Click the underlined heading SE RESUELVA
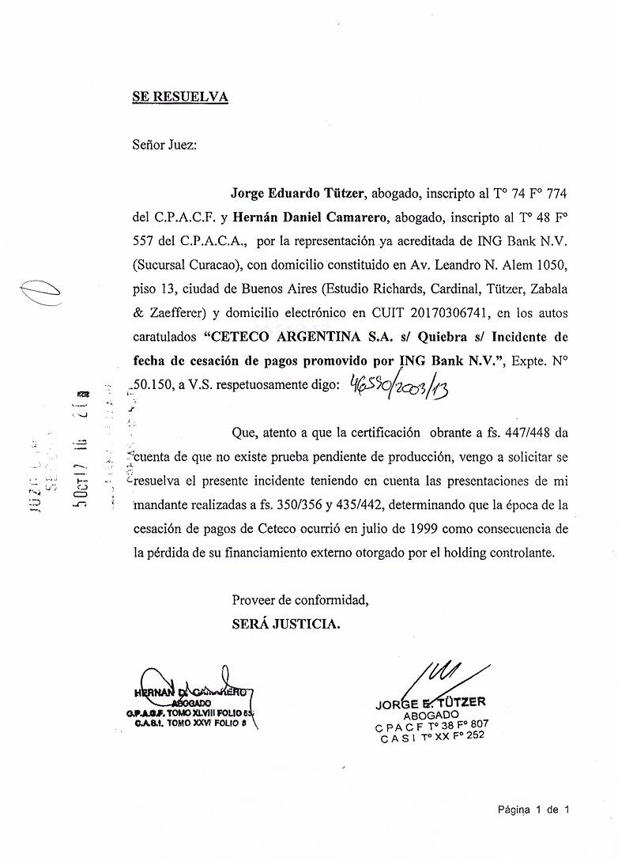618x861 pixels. point(180,97)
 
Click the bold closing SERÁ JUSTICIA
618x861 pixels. point(286,625)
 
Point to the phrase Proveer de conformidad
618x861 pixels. point(300,601)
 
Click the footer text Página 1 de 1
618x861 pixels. point(533,809)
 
